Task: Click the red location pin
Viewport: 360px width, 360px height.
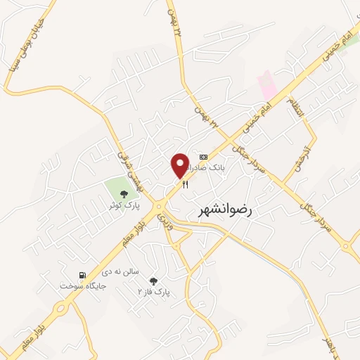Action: click(x=179, y=166)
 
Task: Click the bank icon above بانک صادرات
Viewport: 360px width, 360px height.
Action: click(x=204, y=157)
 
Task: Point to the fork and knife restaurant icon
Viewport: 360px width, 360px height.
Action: click(x=186, y=184)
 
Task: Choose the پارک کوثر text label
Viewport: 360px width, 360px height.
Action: click(x=124, y=205)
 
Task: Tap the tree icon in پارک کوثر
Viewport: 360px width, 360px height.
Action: click(x=124, y=194)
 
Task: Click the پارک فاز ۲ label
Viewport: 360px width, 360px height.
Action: click(x=154, y=291)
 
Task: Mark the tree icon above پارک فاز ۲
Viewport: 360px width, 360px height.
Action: click(x=154, y=281)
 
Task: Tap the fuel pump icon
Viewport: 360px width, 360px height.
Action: click(x=82, y=276)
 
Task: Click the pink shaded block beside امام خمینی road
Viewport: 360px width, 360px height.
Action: click(x=268, y=85)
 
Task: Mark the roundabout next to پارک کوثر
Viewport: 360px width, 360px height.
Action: click(x=161, y=207)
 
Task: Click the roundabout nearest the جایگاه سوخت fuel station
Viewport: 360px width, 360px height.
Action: click(x=62, y=307)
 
